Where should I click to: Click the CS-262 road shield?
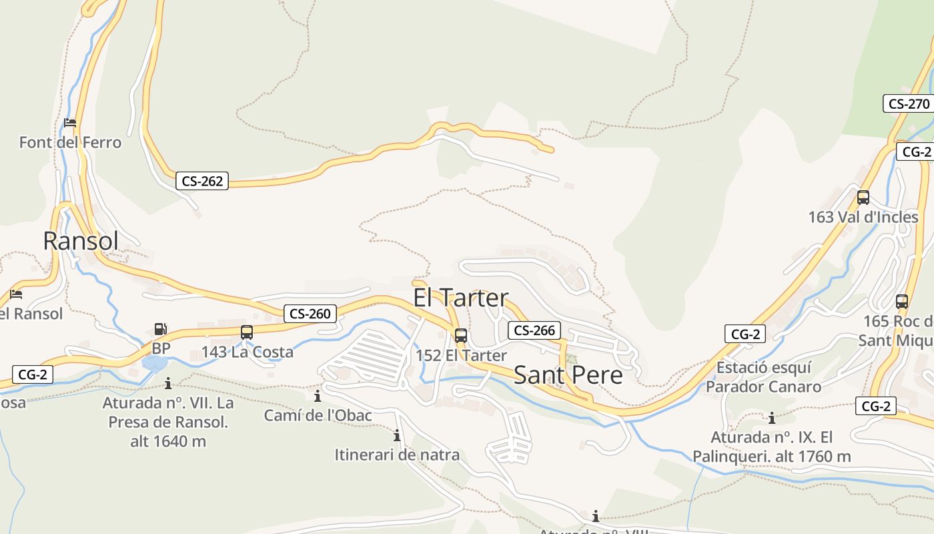coord(202,181)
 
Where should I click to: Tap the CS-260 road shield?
coord(310,314)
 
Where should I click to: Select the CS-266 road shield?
coord(534,330)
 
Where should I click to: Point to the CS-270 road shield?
coord(909,103)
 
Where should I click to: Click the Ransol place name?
coord(81,241)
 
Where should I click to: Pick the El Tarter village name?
coord(461,298)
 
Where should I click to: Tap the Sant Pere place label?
coord(568,375)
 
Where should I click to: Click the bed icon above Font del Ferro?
coord(70,123)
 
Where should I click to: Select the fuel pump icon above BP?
coord(160,328)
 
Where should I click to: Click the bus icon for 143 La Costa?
coord(247,332)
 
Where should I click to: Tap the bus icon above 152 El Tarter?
coord(461,336)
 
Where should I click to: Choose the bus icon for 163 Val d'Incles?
coord(863,198)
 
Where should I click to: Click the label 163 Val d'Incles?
coord(863,217)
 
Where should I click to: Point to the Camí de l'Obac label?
coord(318,415)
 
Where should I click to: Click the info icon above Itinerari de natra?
coord(397,436)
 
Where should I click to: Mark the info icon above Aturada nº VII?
coord(168,383)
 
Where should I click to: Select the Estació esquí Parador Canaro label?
coord(764,377)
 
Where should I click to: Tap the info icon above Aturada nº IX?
coord(772,419)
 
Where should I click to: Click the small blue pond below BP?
coord(155,364)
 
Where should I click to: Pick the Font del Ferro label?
coord(71,142)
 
